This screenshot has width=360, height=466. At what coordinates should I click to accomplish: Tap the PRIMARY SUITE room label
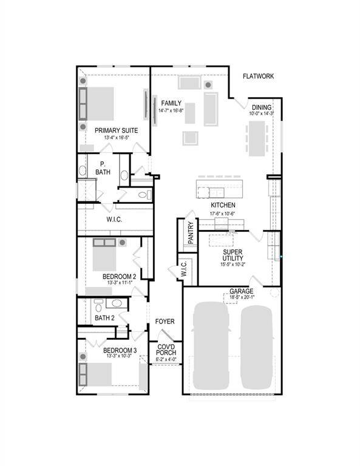116,130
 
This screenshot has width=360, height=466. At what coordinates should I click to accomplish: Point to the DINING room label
262,107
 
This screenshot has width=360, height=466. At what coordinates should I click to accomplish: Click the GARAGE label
241,291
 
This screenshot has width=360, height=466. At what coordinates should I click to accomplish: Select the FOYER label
166,321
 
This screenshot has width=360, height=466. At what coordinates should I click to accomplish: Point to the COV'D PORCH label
166,350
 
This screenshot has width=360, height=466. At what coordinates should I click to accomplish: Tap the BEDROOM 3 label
120,351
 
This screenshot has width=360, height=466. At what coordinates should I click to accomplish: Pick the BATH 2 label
104,317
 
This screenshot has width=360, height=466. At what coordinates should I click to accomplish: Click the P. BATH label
103,168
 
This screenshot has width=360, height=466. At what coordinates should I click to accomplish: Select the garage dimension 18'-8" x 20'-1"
241,297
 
